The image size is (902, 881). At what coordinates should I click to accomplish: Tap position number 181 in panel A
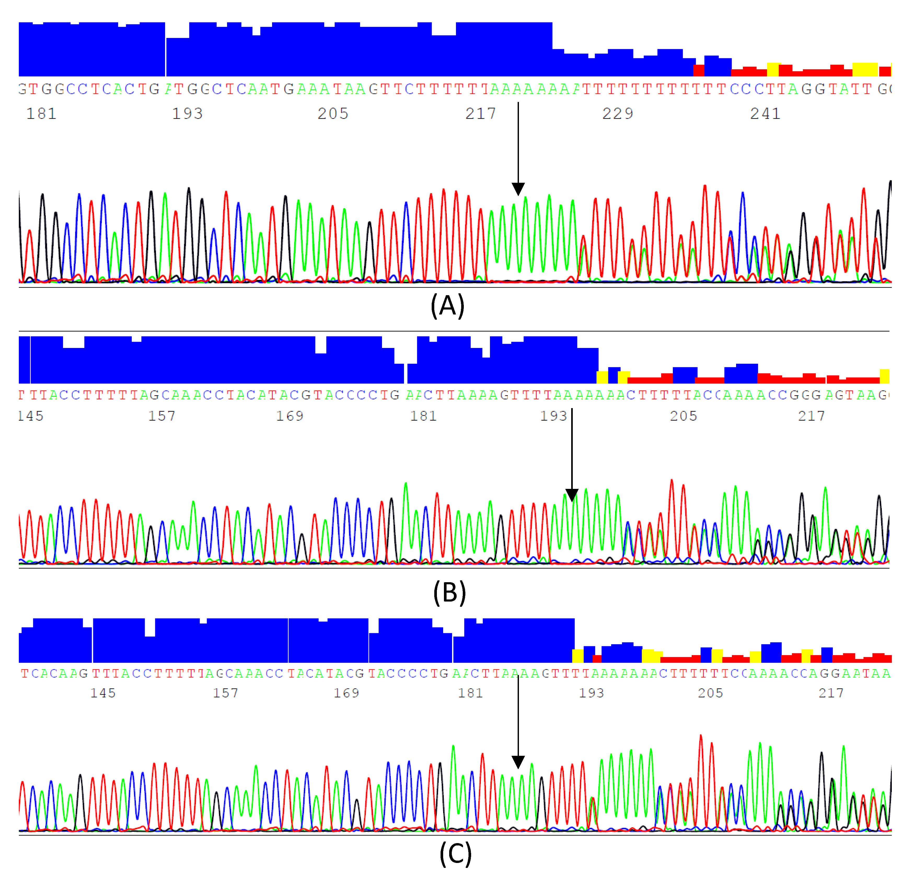(41, 114)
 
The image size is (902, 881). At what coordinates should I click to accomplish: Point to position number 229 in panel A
(617, 114)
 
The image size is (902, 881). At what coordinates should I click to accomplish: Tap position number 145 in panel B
(31, 416)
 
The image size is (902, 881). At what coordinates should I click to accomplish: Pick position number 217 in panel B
(811, 416)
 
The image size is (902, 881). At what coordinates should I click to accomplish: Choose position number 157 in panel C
(225, 693)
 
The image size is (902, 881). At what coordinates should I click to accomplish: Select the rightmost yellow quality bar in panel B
(884, 376)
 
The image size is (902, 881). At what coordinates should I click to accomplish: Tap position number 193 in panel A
(187, 114)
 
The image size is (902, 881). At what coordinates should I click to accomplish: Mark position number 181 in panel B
(423, 416)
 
